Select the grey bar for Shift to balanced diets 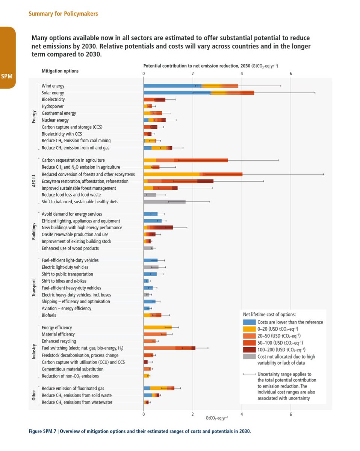[164, 202]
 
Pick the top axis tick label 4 [242, 74]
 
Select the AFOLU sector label [34, 181]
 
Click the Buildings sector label [34, 231]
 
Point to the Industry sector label [34, 352]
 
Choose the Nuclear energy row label [55, 120]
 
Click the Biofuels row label [48, 315]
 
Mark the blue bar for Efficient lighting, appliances [152, 221]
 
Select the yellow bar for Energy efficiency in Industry [157, 327]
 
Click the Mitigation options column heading [60, 71]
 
